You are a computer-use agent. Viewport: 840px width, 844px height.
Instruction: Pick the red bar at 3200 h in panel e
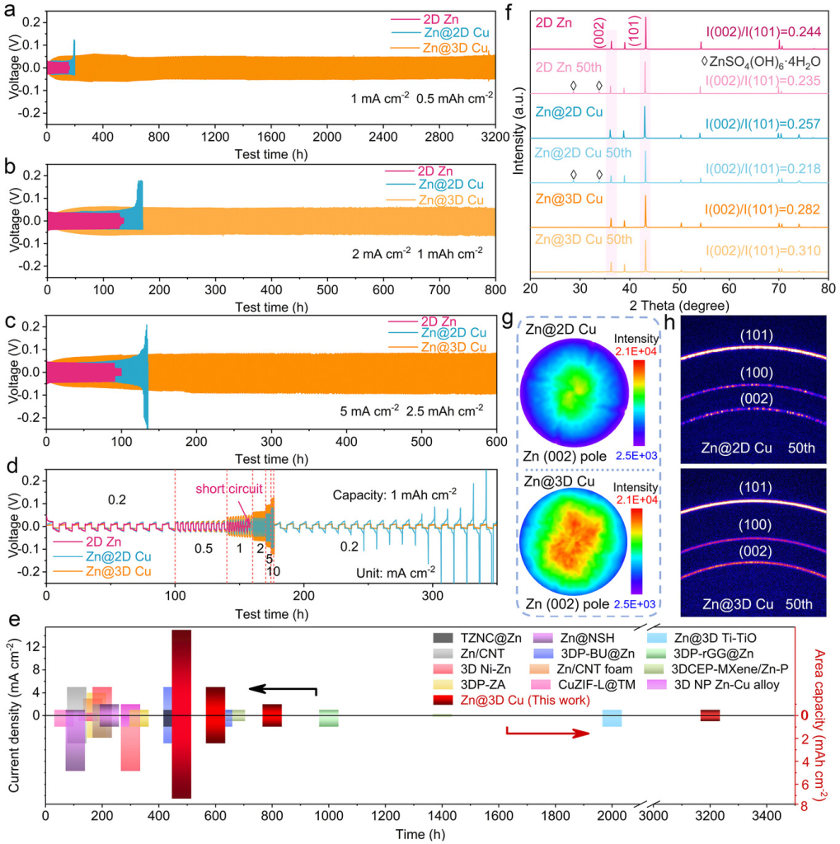tap(710, 715)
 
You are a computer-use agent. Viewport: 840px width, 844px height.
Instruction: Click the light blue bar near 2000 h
tap(612, 718)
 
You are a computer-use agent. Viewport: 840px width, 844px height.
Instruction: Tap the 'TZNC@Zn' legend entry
tap(488, 638)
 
